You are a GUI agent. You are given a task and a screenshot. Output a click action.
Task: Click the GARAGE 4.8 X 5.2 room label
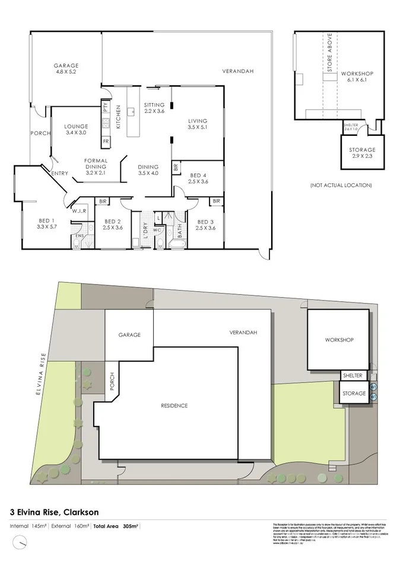(x=66, y=68)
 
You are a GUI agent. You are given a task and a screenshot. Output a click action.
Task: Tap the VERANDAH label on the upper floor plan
(x=237, y=71)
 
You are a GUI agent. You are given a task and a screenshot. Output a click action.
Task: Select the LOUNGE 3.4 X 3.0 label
(x=77, y=129)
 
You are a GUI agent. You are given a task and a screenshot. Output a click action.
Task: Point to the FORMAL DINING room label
(x=96, y=167)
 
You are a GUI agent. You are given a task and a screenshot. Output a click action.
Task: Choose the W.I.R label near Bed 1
(x=80, y=211)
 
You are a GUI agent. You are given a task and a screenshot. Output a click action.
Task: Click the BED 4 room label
(x=198, y=179)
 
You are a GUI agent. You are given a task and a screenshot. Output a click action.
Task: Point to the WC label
(x=157, y=230)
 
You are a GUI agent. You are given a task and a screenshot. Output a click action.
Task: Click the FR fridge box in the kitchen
(x=106, y=142)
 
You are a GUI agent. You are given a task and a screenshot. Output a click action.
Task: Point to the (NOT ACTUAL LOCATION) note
(x=341, y=186)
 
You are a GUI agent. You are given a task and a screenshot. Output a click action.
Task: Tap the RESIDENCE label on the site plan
(x=174, y=406)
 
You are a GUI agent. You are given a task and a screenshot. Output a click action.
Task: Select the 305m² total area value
(x=131, y=526)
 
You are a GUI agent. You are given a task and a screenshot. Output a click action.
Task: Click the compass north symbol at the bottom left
(x=23, y=542)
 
